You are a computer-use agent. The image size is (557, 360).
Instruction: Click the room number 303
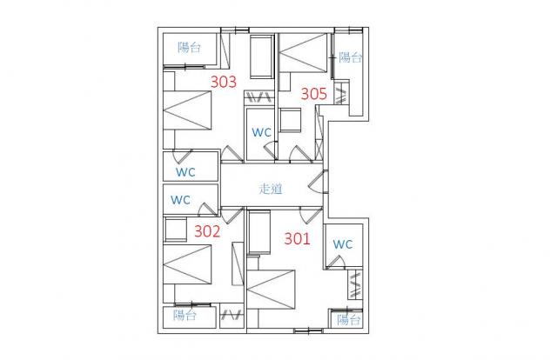[x=224, y=82]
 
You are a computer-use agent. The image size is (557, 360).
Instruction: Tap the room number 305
[x=314, y=94]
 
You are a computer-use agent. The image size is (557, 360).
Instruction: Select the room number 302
[x=207, y=231]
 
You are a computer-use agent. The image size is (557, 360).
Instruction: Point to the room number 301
[x=298, y=238]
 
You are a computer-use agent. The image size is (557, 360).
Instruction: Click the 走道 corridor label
[x=271, y=189]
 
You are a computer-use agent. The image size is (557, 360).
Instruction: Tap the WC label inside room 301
[x=343, y=244]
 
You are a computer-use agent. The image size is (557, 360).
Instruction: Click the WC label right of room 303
[x=262, y=132]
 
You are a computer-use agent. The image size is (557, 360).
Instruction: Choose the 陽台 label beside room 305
[x=350, y=57]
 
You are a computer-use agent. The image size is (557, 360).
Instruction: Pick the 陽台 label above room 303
[x=190, y=47]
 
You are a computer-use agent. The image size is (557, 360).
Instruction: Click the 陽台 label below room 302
[x=185, y=316]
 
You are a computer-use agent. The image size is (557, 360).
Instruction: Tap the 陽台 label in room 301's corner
[x=349, y=320]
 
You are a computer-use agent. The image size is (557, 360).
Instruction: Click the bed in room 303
[x=187, y=110]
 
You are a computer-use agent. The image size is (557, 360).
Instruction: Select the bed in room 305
[x=303, y=53]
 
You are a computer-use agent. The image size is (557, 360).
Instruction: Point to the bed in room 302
[x=187, y=264]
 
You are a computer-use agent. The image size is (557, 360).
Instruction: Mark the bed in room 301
[x=271, y=290]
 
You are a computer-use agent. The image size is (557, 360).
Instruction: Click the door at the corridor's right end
[x=319, y=182]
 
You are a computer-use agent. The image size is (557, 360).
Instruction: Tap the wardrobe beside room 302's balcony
[x=232, y=316]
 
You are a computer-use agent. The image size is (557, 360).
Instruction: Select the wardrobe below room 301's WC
[x=355, y=284]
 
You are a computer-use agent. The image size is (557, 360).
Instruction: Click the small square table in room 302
[x=176, y=230]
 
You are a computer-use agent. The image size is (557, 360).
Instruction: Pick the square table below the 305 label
[x=290, y=120]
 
